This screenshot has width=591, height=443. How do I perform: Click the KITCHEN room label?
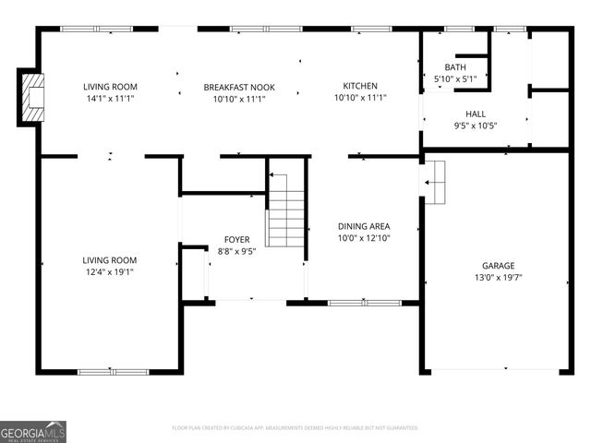click(x=361, y=86)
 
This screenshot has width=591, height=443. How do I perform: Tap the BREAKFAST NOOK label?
click(x=239, y=88)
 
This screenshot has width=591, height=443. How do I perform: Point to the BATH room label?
click(x=455, y=67)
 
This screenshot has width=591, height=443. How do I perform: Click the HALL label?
click(x=476, y=114)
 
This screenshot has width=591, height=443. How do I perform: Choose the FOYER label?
click(x=237, y=239)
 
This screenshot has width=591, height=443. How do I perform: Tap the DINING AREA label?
click(x=363, y=226)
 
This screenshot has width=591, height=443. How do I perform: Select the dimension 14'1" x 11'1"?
click(x=111, y=99)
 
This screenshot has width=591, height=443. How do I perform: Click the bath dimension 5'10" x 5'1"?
click(x=455, y=78)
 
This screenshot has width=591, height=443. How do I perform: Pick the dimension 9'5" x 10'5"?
click(x=476, y=126)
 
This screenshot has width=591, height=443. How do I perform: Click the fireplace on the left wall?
click(x=31, y=97)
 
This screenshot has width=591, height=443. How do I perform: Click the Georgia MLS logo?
click(x=33, y=431)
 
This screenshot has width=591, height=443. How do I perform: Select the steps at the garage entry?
click(x=434, y=182)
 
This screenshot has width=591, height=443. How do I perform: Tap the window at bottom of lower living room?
click(x=112, y=372)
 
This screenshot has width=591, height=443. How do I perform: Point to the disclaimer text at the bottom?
click(x=295, y=428)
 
